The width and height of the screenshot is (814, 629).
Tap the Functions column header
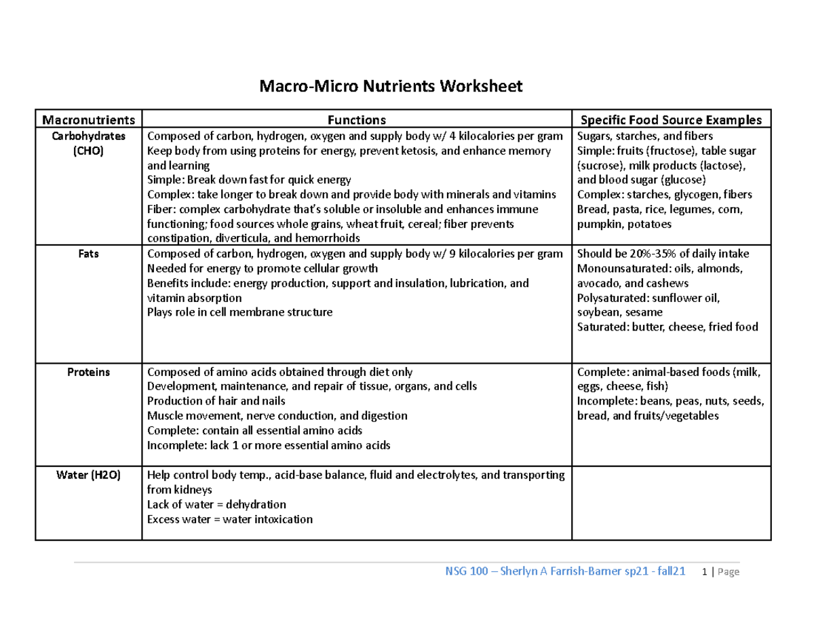click(357, 120)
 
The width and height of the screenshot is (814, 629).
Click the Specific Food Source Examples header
click(672, 120)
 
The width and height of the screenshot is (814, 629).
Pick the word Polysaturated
click(613, 298)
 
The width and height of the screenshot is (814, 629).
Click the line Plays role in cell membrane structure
click(240, 313)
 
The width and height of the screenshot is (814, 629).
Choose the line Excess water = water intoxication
click(230, 520)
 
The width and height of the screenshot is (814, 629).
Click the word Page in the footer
click(728, 572)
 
